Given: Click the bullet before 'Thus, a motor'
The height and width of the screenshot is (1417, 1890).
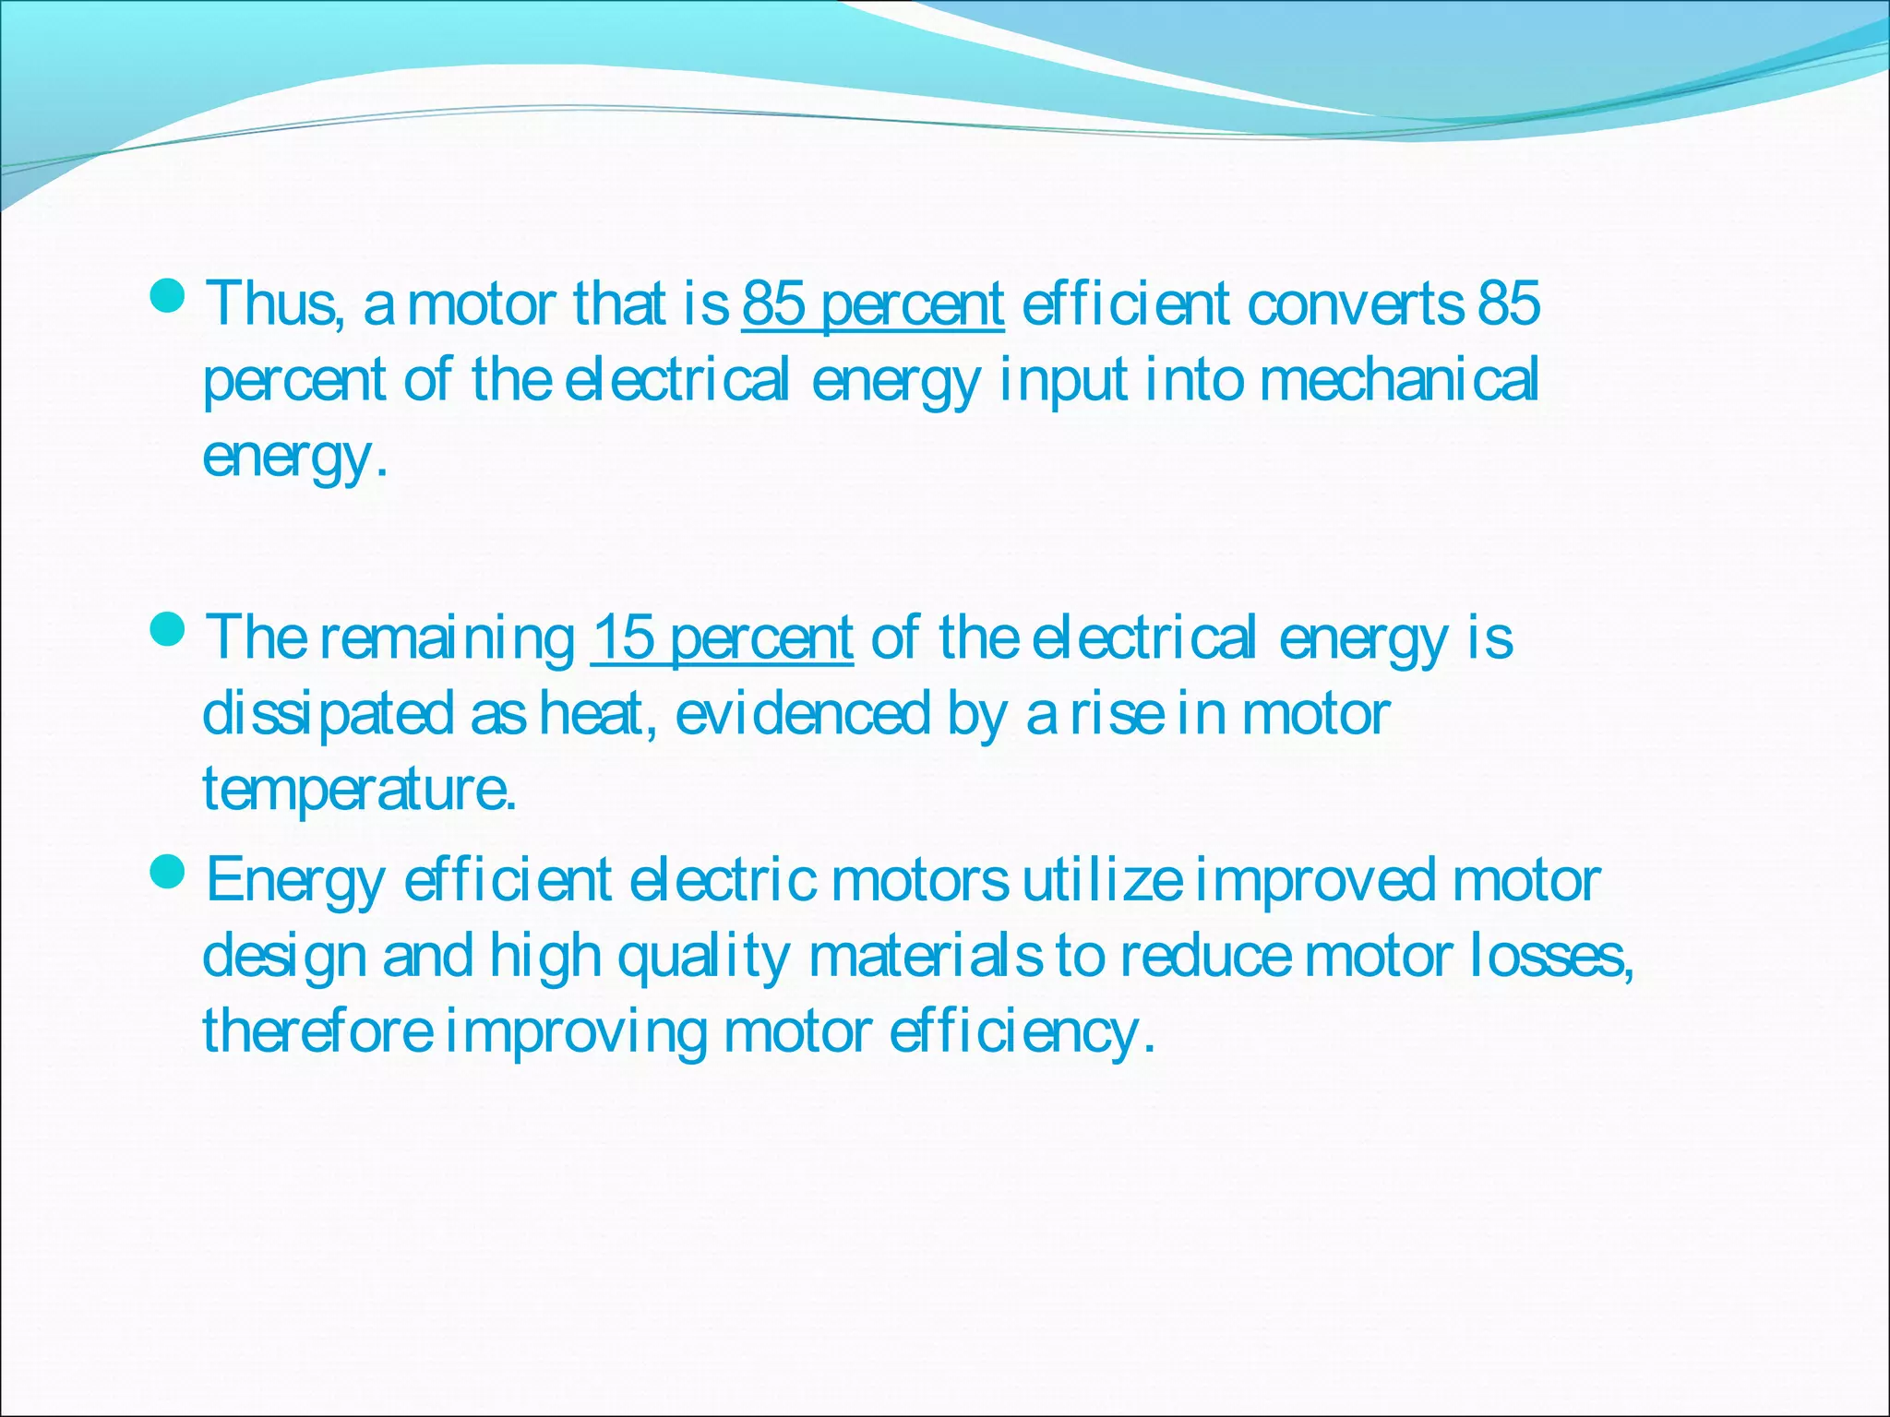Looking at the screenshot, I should coord(167,297).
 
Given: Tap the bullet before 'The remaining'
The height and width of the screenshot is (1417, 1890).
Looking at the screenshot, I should coord(167,631).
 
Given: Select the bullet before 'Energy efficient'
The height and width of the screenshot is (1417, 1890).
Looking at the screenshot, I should coord(167,873).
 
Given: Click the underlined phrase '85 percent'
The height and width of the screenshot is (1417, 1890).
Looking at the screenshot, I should coord(872,304).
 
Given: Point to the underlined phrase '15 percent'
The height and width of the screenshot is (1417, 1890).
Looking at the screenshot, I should coord(722,637).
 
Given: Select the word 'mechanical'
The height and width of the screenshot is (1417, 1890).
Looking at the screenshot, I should coord(1399,379).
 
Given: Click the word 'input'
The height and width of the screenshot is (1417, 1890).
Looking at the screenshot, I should coord(1062,379).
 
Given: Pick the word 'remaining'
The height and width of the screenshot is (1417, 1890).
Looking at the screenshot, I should coord(448,637).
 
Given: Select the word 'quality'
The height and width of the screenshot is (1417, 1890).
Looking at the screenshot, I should coord(703,957).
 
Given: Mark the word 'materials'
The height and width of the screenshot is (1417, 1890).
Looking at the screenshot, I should coord(926,957).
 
